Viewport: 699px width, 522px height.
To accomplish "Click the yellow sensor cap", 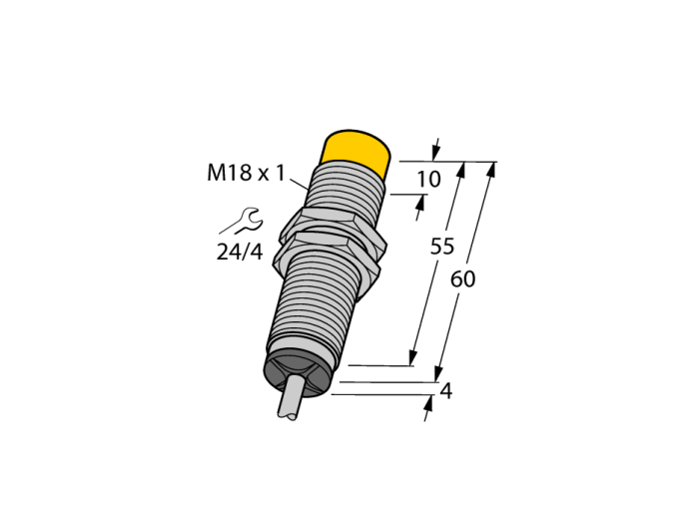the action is (x=354, y=153).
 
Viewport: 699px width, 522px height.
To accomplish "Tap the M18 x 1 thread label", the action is (x=246, y=173).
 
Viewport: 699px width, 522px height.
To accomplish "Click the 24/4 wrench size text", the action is (x=240, y=253).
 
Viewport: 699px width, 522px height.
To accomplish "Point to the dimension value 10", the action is (x=428, y=179).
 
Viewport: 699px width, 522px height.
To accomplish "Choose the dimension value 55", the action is (x=441, y=247).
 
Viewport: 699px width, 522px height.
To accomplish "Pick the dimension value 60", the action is (x=462, y=279).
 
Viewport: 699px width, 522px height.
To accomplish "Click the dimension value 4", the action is (x=445, y=391).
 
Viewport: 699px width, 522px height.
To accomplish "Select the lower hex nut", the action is (x=326, y=255).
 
